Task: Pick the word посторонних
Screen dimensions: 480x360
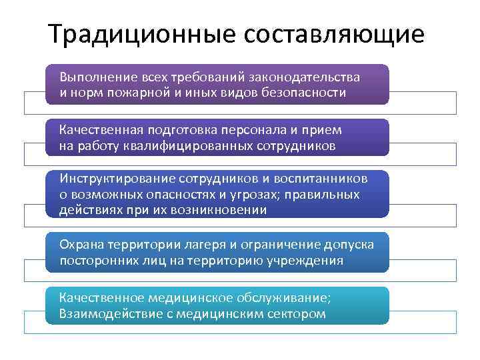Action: pyautogui.click(x=94, y=260)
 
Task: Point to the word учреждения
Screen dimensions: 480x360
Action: pyautogui.click(x=309, y=260)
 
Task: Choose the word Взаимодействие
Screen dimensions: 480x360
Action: pyautogui.click(x=107, y=313)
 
